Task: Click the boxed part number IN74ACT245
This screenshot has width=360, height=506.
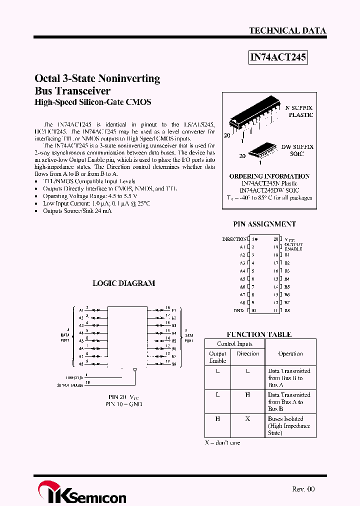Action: (x=278, y=58)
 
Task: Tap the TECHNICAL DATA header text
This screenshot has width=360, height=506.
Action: (x=287, y=30)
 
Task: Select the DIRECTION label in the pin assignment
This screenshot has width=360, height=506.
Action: (x=234, y=239)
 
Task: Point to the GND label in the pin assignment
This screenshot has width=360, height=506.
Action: (x=238, y=310)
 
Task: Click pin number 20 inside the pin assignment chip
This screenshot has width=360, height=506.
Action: (x=275, y=239)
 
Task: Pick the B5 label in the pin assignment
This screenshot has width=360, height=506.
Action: (x=287, y=287)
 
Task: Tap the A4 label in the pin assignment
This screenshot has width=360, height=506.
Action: (x=242, y=271)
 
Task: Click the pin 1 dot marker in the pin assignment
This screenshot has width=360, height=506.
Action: (x=256, y=239)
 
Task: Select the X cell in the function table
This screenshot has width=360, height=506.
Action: (x=247, y=419)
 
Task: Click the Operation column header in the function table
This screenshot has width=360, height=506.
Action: (x=290, y=353)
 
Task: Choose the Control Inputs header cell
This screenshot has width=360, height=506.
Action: (x=234, y=344)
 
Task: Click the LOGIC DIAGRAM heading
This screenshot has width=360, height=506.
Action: (x=124, y=283)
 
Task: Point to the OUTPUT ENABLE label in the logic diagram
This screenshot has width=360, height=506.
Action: (x=70, y=385)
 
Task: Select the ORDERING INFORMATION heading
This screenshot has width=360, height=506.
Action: (x=269, y=176)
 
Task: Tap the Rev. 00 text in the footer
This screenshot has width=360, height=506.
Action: (x=303, y=489)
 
